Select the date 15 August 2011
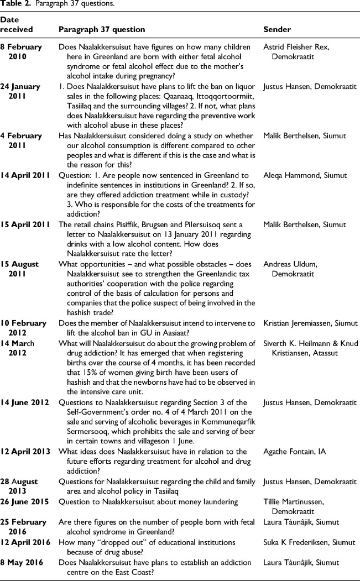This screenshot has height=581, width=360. pos(22,269)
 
